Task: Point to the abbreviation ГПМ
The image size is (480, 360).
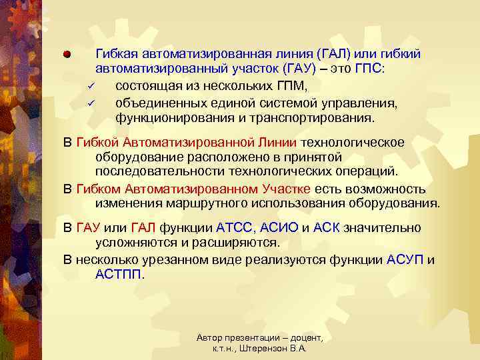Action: coord(291,86)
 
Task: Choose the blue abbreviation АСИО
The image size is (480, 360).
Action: coord(280,227)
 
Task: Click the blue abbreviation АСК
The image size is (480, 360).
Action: coord(326,227)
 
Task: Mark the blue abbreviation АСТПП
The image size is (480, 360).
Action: coord(119,274)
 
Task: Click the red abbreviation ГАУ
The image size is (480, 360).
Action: coord(89,227)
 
